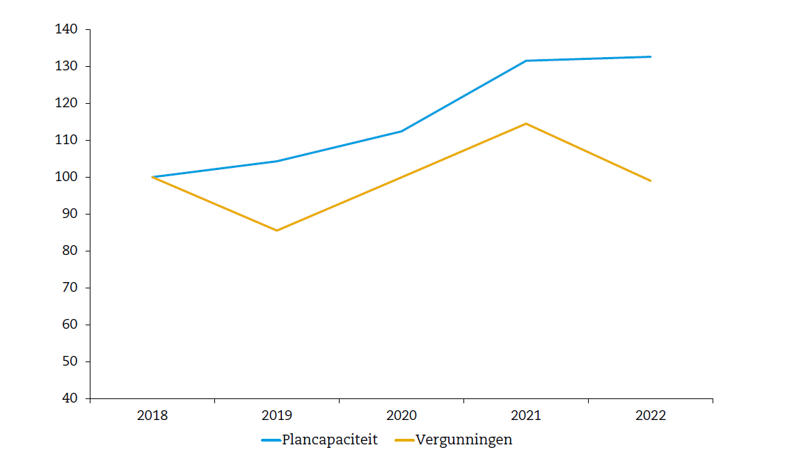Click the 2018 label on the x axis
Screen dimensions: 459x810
[152, 416]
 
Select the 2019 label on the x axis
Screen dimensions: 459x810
[277, 416]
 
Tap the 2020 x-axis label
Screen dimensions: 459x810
[402, 416]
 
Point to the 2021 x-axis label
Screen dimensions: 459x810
[526, 416]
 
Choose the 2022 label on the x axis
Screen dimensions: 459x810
[651, 416]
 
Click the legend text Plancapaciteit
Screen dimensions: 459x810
[330, 440]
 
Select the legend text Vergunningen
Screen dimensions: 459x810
[463, 440]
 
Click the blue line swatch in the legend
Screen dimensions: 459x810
[271, 440]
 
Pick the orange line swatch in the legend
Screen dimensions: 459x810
[404, 440]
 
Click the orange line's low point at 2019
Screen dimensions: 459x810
[277, 231]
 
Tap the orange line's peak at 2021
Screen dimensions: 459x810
[526, 123]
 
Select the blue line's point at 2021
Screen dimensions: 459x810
[526, 61]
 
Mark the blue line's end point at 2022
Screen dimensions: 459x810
[651, 56]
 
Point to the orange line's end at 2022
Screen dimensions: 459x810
[651, 181]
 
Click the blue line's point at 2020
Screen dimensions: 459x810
[402, 131]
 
